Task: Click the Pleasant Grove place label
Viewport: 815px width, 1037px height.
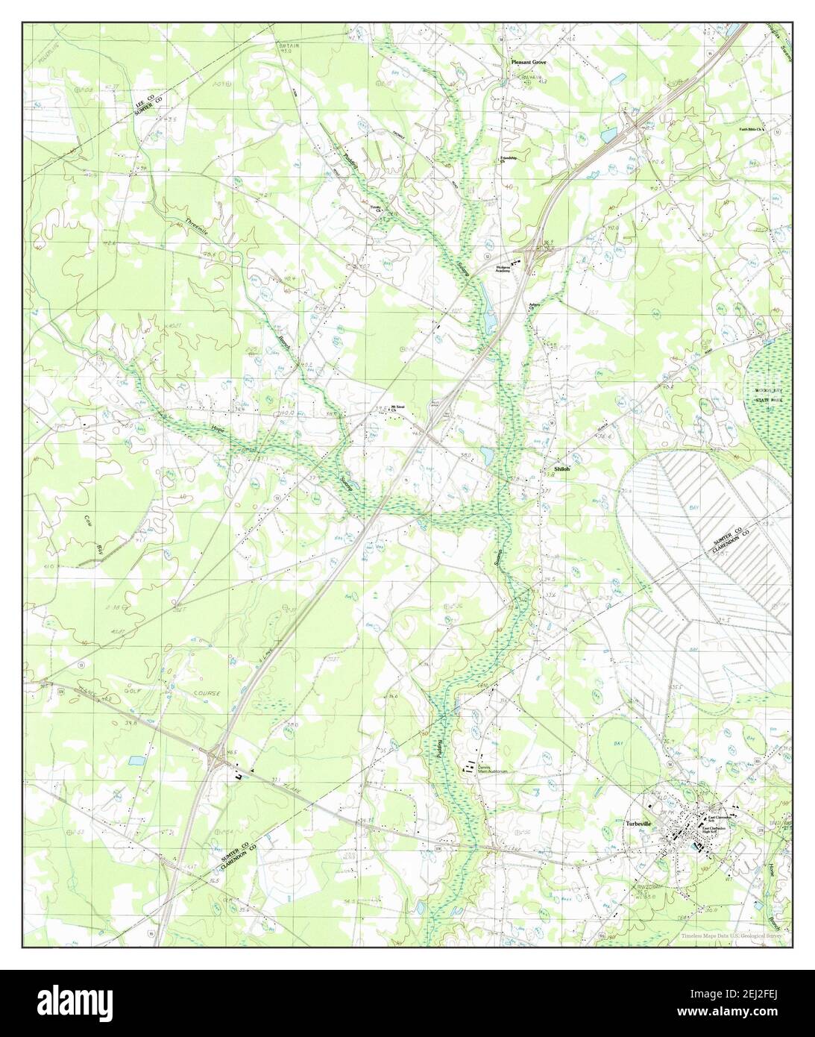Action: click(528, 63)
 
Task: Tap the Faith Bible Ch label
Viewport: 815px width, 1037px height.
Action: click(754, 129)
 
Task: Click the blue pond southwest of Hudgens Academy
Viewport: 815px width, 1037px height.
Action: click(489, 321)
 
